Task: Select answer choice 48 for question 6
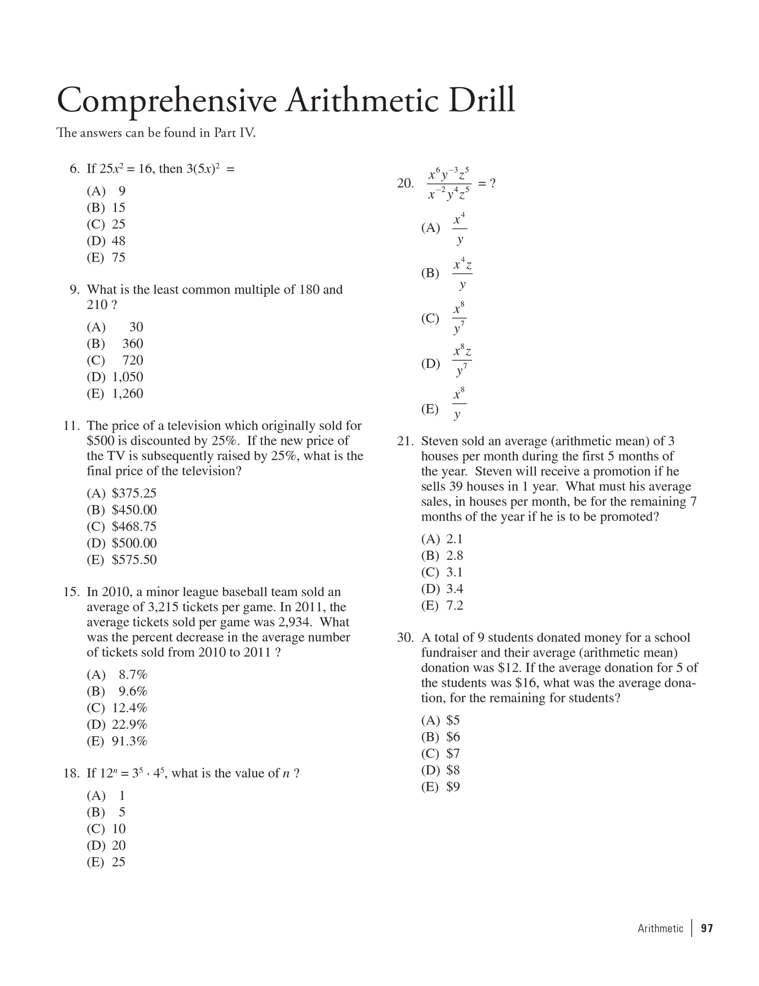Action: pyautogui.click(x=119, y=241)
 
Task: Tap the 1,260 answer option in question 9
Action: pyautogui.click(x=128, y=393)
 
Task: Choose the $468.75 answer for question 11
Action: pyautogui.click(x=134, y=526)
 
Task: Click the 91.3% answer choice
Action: pyautogui.click(x=129, y=741)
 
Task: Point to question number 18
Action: pyautogui.click(x=71, y=773)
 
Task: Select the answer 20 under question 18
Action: pyautogui.click(x=119, y=845)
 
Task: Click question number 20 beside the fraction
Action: pyautogui.click(x=405, y=183)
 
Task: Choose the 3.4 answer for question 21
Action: pyautogui.click(x=455, y=589)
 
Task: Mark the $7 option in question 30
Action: pyautogui.click(x=453, y=754)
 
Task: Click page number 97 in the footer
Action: pyautogui.click(x=707, y=928)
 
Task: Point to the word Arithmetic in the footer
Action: pyautogui.click(x=660, y=928)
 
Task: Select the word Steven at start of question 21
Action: pyautogui.click(x=441, y=441)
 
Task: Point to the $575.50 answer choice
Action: pyautogui.click(x=134, y=560)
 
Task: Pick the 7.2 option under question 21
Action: pyautogui.click(x=455, y=605)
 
